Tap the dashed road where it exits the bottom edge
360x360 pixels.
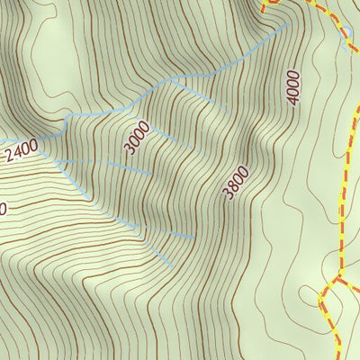coord(337,356)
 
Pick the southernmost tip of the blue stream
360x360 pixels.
coord(171,265)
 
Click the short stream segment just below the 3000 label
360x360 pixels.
coord(126,166)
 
